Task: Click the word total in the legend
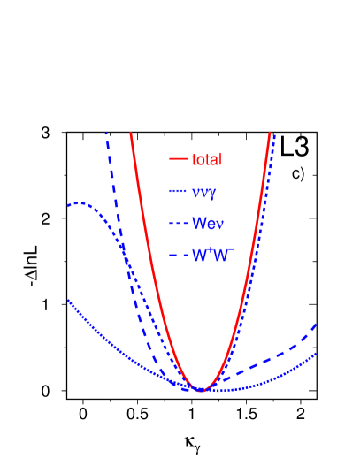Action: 206,160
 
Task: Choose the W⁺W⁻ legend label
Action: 212,256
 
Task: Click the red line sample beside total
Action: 178,160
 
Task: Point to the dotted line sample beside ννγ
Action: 178,192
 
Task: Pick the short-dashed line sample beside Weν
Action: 178,223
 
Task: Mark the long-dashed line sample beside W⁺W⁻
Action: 178,256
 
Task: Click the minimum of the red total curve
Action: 203,390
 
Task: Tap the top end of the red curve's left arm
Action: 131,134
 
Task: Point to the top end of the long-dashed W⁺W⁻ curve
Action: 106,134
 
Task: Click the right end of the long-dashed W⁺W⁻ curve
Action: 316,325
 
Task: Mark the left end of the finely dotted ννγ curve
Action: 68,301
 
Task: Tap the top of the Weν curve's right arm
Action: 274,134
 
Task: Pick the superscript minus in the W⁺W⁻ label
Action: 231,250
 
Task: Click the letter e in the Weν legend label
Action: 209,224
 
